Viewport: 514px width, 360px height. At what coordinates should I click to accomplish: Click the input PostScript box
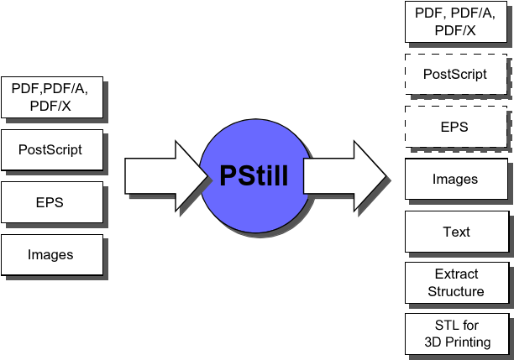[x=51, y=150]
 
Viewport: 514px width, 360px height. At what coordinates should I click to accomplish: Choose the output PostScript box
[x=455, y=74]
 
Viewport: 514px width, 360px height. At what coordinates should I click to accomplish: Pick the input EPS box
[x=51, y=202]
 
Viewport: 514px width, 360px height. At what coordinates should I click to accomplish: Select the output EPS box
[x=455, y=127]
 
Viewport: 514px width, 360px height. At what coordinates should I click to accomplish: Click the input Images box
[x=51, y=254]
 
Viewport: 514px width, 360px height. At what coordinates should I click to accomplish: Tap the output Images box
[x=455, y=179]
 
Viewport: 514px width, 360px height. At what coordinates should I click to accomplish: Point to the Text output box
[x=455, y=232]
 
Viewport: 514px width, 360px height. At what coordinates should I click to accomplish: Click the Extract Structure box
[x=455, y=283]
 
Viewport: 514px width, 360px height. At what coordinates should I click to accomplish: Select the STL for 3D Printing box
[x=455, y=334]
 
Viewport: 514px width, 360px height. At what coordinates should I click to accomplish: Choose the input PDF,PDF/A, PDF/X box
[x=51, y=96]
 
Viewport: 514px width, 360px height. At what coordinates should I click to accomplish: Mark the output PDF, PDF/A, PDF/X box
[x=455, y=21]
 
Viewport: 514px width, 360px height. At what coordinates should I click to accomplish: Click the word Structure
[x=456, y=291]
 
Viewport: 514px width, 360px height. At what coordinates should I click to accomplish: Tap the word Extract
[x=456, y=274]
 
